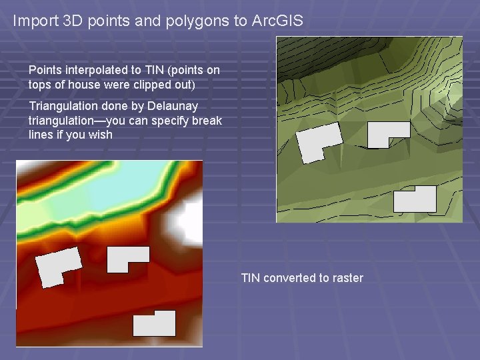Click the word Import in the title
(32, 21)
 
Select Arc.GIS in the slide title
(277, 21)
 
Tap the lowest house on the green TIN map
(415, 199)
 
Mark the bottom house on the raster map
(154, 324)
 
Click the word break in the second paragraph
(208, 121)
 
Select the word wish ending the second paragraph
(101, 135)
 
